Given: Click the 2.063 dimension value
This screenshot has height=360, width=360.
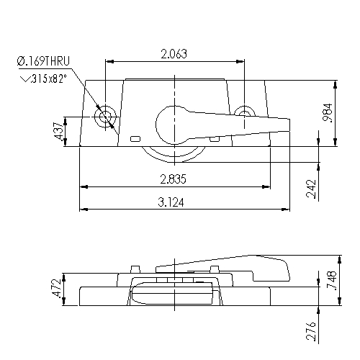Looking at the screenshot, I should click(x=175, y=54).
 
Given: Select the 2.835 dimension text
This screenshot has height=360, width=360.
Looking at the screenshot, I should click(x=174, y=179).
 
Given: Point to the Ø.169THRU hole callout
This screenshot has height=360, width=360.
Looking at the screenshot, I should click(x=43, y=64).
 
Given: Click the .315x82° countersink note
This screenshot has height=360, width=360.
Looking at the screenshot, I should click(x=46, y=78).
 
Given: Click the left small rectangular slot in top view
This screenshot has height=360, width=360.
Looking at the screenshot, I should click(x=135, y=138).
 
